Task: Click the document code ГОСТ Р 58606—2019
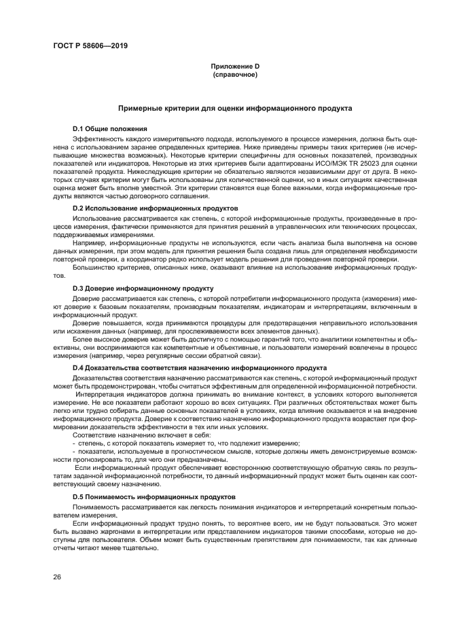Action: click(90, 46)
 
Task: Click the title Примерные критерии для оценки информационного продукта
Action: click(234, 108)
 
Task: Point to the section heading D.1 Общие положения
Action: click(110, 129)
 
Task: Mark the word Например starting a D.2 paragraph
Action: click(88, 242)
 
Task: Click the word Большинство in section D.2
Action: click(94, 268)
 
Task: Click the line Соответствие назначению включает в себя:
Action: click(141, 434)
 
